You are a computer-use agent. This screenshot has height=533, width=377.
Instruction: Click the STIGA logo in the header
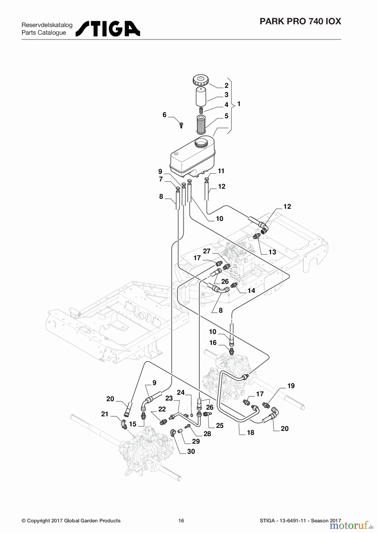point(108,29)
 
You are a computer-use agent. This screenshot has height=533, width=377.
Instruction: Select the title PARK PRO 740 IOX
point(300,21)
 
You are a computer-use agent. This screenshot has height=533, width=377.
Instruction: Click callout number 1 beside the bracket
point(239,104)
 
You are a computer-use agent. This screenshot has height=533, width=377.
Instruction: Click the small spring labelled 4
point(201,110)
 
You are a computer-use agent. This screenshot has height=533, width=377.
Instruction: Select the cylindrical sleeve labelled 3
point(201,97)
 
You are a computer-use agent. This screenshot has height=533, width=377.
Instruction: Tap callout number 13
point(272,252)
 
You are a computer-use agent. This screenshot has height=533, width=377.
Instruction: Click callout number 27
point(207,251)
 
